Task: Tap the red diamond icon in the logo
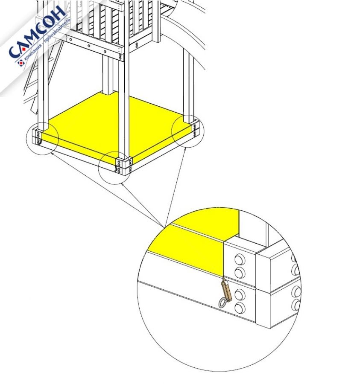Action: [21, 63]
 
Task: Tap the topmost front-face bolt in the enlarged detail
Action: [240, 259]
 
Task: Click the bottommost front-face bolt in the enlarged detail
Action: [240, 307]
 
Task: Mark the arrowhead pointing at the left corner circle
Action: [52, 153]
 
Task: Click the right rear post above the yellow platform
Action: [188, 86]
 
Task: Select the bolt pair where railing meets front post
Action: [120, 57]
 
